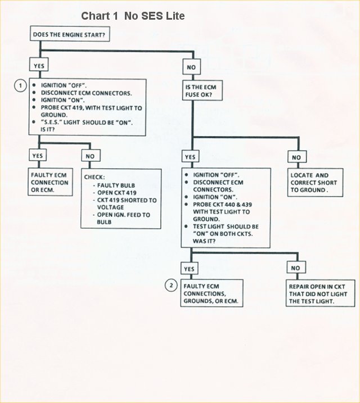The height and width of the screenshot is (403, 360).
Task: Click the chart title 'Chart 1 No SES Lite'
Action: tap(133, 16)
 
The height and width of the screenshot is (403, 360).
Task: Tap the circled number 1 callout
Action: tap(20, 85)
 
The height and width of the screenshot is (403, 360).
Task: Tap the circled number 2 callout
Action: tap(172, 286)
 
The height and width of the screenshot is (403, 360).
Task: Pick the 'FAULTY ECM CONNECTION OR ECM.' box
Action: tap(51, 182)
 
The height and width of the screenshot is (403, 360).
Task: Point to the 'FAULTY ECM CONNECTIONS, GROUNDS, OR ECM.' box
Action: tap(211, 293)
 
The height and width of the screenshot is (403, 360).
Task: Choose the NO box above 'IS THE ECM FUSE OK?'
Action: tap(191, 67)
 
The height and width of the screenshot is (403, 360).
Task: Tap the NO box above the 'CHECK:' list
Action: tap(91, 156)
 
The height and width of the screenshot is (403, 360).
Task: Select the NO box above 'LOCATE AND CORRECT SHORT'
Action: tap(296, 157)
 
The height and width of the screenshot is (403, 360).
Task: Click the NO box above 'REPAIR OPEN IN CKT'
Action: tap(296, 268)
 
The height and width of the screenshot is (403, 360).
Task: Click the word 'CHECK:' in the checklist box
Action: tap(95, 176)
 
